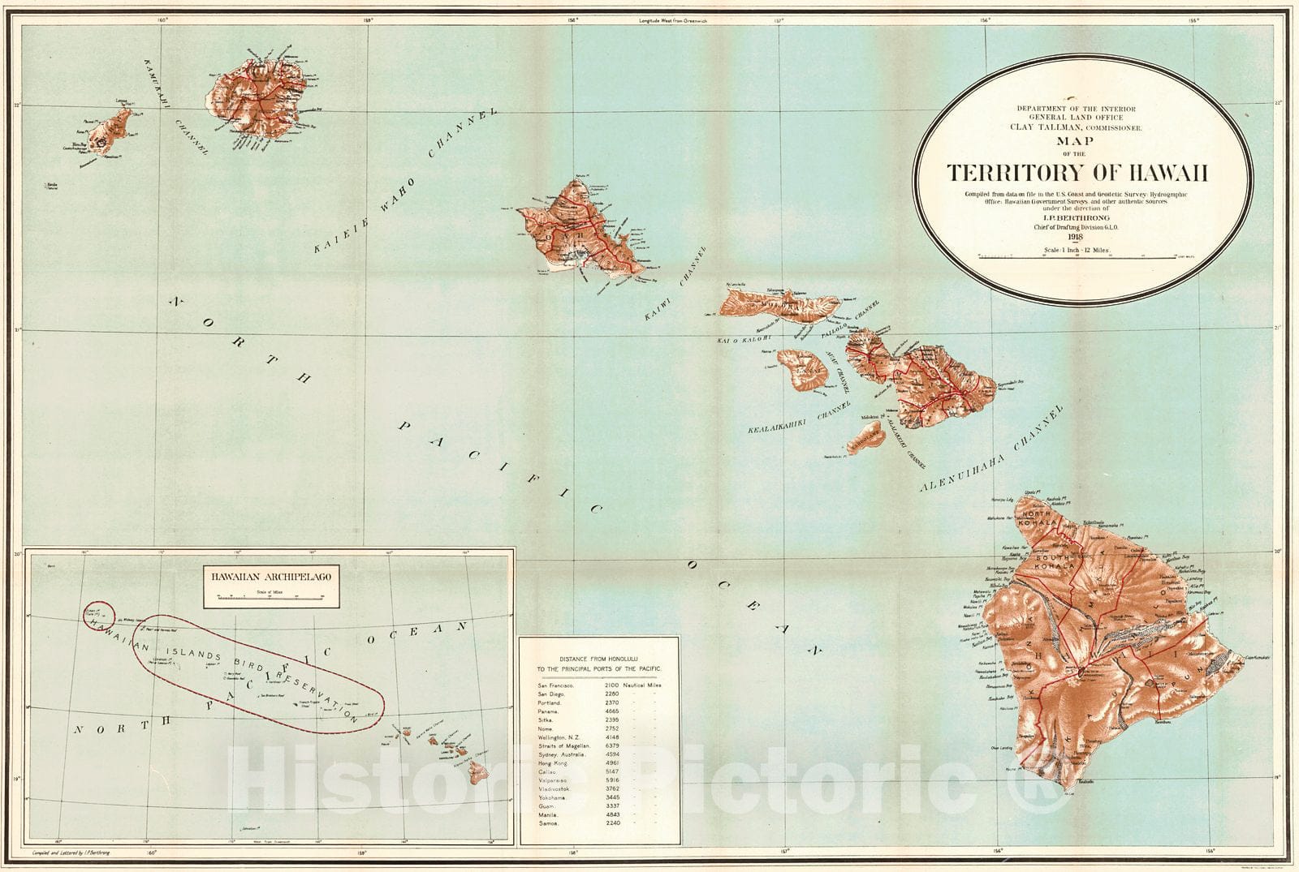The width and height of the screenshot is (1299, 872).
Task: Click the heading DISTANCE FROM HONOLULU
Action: (599, 658)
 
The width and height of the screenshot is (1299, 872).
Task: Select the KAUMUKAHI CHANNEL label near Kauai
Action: (175, 105)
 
